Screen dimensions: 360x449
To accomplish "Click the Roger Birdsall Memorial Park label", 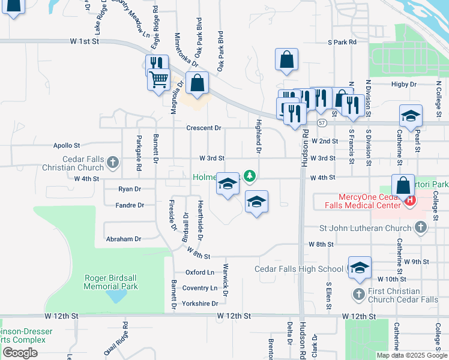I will pyautogui.click(x=111, y=282).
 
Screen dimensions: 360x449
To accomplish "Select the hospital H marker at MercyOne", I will pyautogui.click(x=411, y=200).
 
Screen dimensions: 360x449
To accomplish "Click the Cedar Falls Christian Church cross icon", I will pyautogui.click(x=112, y=161).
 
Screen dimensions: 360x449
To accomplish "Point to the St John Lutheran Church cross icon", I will pyautogui.click(x=421, y=227).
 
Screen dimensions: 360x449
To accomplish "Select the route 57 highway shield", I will pyautogui.click(x=322, y=123).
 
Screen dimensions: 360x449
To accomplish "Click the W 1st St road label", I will pyautogui.click(x=83, y=41).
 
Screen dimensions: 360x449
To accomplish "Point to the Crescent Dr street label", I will pyautogui.click(x=203, y=128).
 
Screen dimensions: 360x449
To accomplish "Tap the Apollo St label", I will pyautogui.click(x=67, y=145).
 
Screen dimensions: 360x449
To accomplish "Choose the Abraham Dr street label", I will pyautogui.click(x=123, y=239).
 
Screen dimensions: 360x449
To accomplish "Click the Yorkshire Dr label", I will pyautogui.click(x=200, y=304).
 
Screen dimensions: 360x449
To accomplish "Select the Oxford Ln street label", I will pyautogui.click(x=200, y=272).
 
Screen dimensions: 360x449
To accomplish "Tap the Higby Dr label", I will pyautogui.click(x=403, y=85).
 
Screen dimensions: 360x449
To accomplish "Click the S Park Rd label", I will pyautogui.click(x=342, y=43).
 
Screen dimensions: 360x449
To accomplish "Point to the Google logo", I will pyautogui.click(x=20, y=353).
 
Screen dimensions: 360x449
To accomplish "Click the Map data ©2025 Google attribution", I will pyautogui.click(x=411, y=355).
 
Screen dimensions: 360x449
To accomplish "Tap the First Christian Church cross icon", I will pyautogui.click(x=358, y=294).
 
